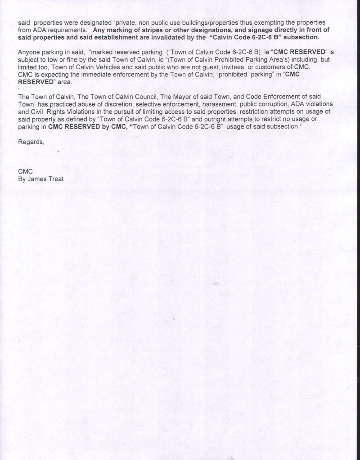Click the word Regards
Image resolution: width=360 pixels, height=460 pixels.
[x=31, y=142]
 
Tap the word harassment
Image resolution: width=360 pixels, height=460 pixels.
[x=198, y=104]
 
